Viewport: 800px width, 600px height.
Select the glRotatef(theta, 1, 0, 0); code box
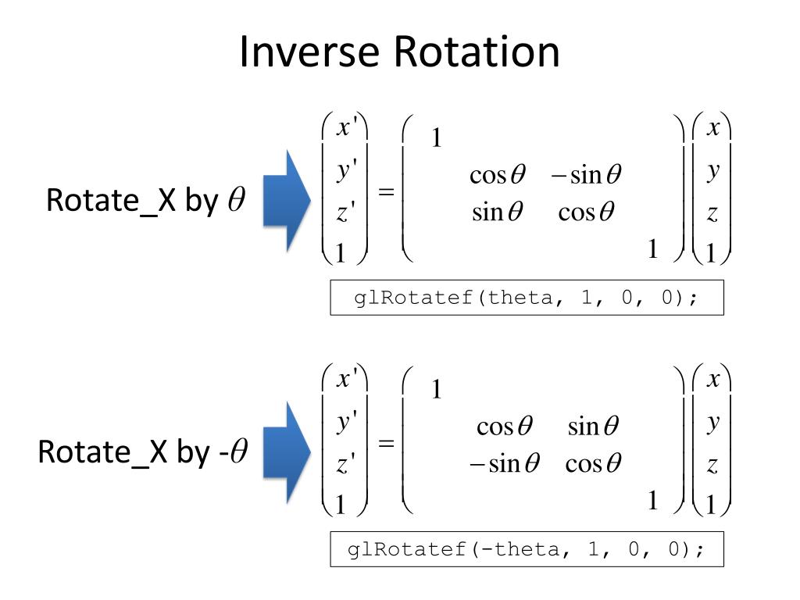pyautogui.click(x=527, y=298)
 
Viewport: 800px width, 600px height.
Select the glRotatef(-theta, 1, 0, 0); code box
pyautogui.click(x=527, y=550)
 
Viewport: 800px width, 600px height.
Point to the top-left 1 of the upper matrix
pyautogui.click(x=437, y=138)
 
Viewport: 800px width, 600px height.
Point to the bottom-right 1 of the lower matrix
pyautogui.click(x=653, y=501)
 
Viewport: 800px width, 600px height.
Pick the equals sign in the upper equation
pyautogui.click(x=386, y=192)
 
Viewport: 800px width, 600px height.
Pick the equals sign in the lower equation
pyautogui.click(x=386, y=444)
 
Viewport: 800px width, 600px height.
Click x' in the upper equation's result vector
pyautogui.click(x=345, y=128)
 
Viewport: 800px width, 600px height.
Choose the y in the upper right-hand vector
pyautogui.click(x=712, y=170)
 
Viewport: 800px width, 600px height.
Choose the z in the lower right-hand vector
pyautogui.click(x=712, y=466)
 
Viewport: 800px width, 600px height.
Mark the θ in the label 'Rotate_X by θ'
pyautogui.click(x=236, y=201)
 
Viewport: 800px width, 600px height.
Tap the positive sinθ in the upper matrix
pyautogui.click(x=497, y=211)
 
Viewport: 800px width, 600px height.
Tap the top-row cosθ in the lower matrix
pyautogui.click(x=505, y=427)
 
